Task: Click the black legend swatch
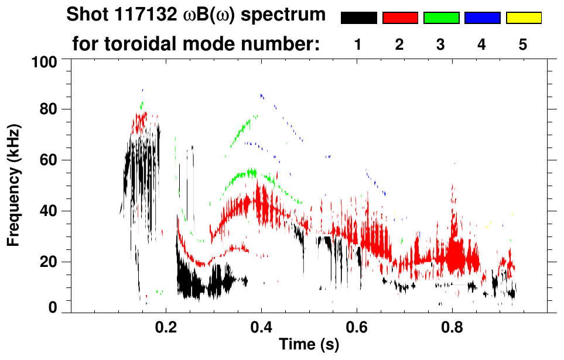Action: (x=358, y=18)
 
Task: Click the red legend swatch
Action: (x=400, y=18)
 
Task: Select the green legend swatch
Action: (x=441, y=18)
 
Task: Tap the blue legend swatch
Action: (x=482, y=18)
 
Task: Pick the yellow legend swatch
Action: (x=524, y=18)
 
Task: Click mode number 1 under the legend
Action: (x=358, y=44)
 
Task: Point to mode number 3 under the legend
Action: (x=440, y=44)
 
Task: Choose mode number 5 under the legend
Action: (x=523, y=44)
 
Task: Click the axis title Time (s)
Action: (x=309, y=345)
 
